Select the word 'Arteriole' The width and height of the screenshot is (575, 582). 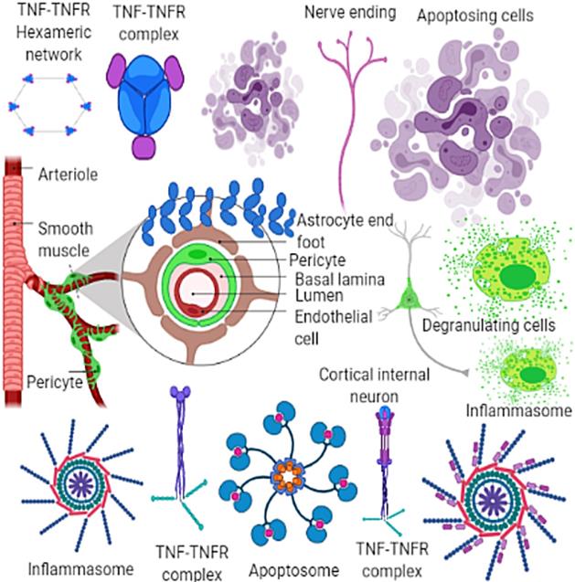(x=61, y=171)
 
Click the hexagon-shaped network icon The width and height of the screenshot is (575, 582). (x=47, y=106)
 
